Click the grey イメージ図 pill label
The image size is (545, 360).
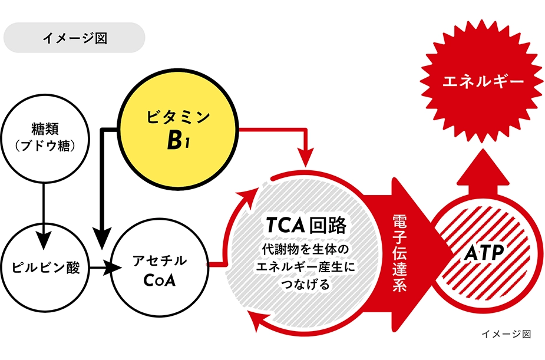click(74, 38)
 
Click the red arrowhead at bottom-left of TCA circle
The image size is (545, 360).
click(254, 322)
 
